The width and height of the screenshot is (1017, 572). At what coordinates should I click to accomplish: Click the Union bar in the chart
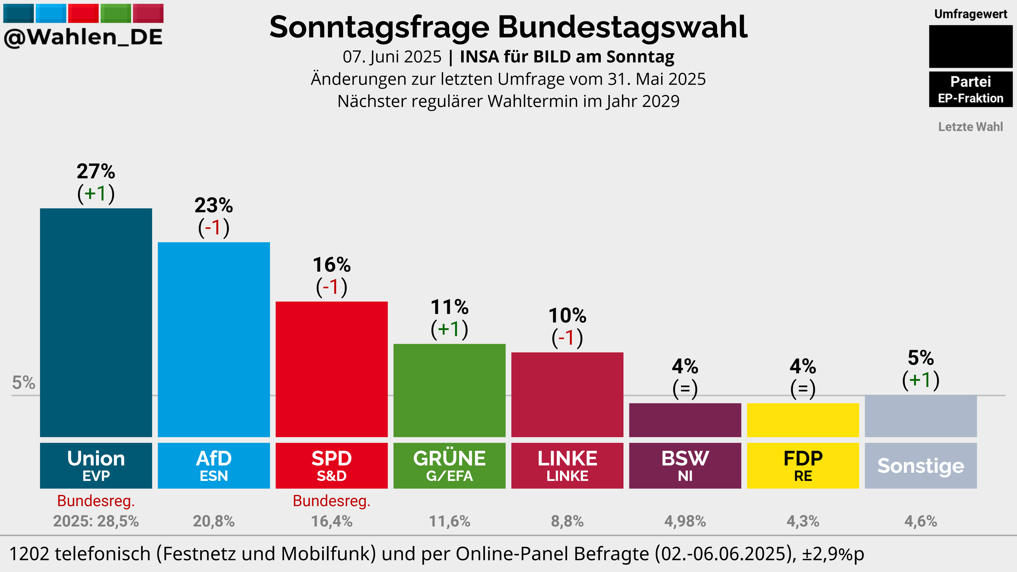point(96,323)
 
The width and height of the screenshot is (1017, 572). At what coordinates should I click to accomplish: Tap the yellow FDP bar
point(803,420)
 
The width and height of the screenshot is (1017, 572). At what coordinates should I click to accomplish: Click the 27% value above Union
point(96,171)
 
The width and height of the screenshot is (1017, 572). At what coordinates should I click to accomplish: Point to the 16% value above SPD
point(332,265)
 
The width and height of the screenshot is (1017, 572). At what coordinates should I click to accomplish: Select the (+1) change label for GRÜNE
point(449,329)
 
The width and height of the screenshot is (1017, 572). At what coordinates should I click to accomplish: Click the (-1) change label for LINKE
point(567,338)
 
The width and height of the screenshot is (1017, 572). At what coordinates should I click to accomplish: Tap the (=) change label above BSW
point(685,389)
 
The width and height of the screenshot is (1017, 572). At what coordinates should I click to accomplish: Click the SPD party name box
point(332,466)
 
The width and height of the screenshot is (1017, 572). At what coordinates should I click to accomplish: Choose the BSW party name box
point(685,466)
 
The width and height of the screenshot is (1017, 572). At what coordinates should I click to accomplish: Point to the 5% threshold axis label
point(24,382)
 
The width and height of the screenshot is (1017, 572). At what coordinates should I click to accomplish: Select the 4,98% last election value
point(685,521)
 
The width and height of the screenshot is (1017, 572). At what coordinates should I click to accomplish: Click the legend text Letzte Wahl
point(970,127)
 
